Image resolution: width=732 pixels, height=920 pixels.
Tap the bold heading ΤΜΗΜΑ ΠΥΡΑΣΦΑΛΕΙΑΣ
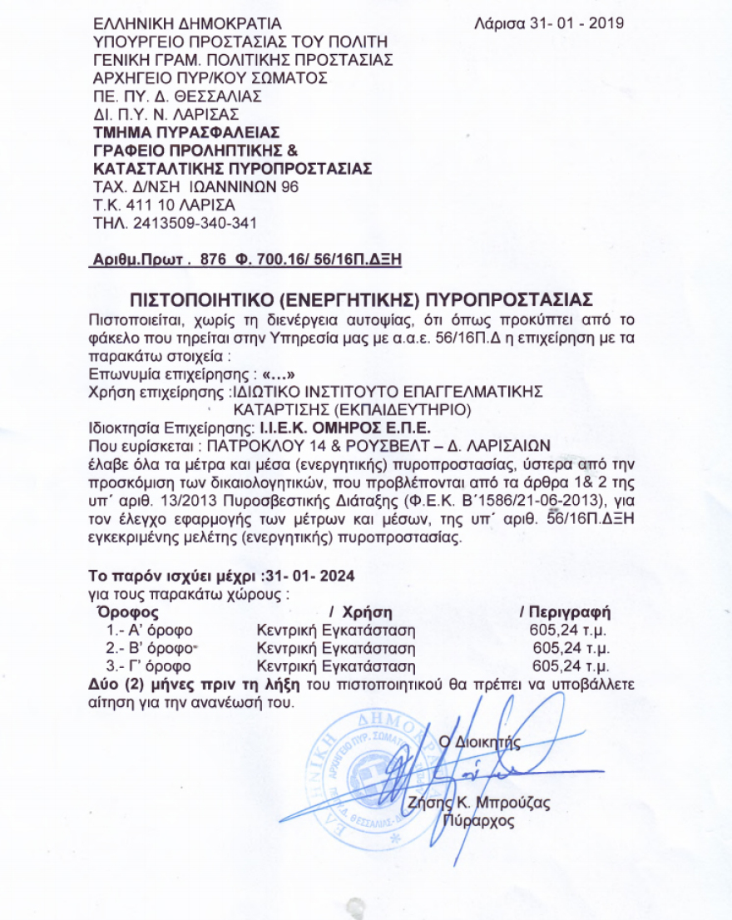pyautogui.click(x=186, y=131)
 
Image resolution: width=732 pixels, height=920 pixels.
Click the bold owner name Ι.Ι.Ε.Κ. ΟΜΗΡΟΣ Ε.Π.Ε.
pyautogui.click(x=344, y=428)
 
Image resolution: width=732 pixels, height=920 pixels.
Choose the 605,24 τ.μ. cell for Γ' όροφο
pyautogui.click(x=571, y=666)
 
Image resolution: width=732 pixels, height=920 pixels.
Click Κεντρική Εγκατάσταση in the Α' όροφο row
pyautogui.click(x=335, y=630)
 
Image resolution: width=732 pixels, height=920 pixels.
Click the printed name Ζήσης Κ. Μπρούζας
pyautogui.click(x=478, y=804)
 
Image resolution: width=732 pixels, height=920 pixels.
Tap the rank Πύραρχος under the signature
pyautogui.click(x=480, y=822)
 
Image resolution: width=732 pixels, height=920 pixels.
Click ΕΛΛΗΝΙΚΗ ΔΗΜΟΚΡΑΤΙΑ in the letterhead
pyautogui.click(x=188, y=22)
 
